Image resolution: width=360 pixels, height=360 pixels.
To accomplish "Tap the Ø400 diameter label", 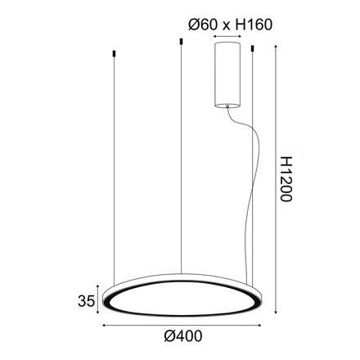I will coord(182,336).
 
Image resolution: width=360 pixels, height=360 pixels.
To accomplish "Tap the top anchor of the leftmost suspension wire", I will coord(111,55).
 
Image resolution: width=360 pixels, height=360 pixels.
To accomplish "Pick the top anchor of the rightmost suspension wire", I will coord(253,52).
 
